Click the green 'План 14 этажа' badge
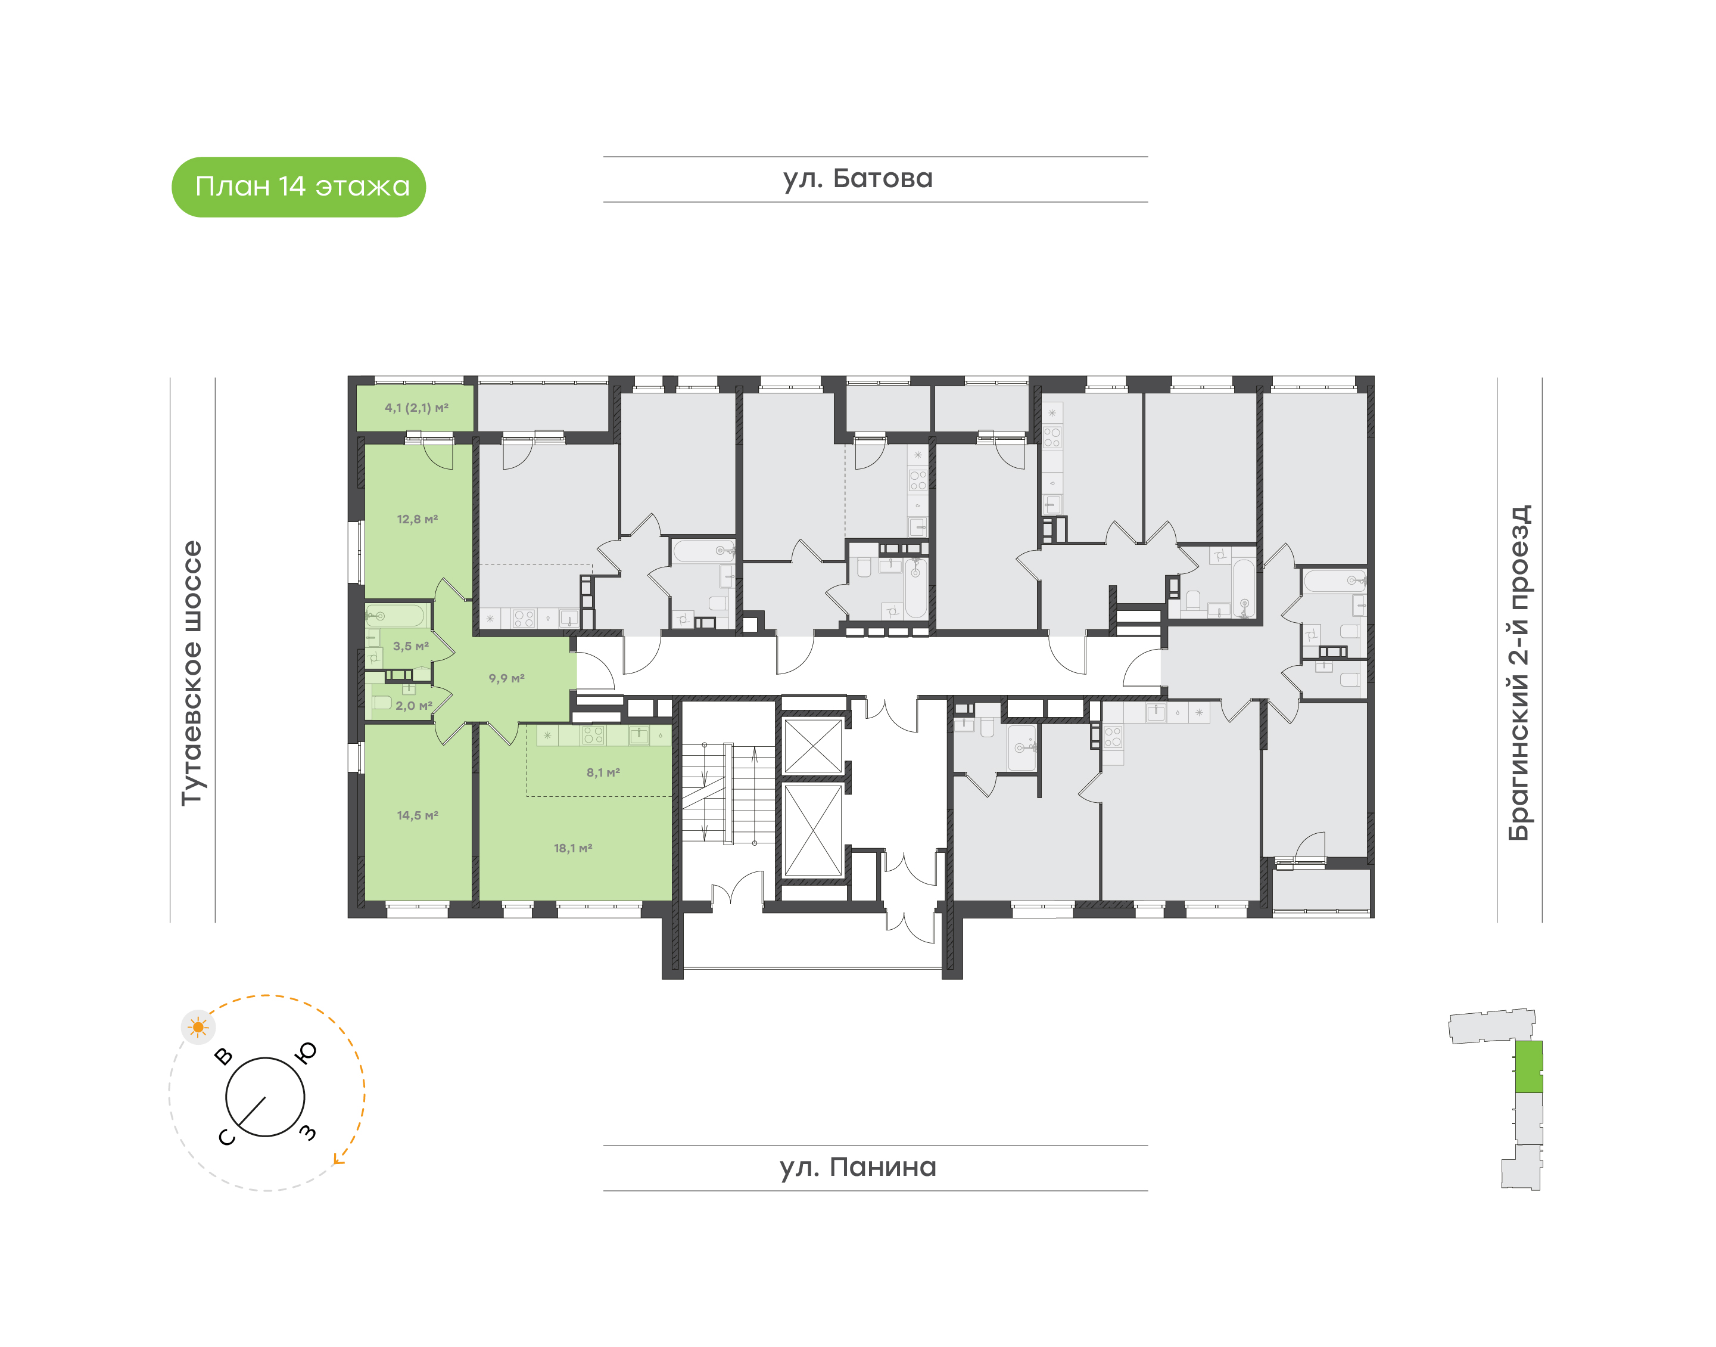(299, 187)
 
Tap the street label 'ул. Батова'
(858, 179)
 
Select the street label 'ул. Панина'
(858, 1167)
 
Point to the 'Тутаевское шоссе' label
(192, 673)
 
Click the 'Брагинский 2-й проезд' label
(1519, 673)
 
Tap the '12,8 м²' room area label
(417, 519)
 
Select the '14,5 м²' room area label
(417, 815)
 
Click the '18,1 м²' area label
(572, 848)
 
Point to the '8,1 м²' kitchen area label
(603, 772)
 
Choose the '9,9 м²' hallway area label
(506, 678)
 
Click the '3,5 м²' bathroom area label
(410, 646)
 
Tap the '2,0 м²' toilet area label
(414, 706)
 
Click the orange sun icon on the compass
(198, 1028)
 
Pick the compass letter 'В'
(224, 1056)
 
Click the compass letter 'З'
(308, 1132)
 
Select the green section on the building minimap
(1529, 1067)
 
